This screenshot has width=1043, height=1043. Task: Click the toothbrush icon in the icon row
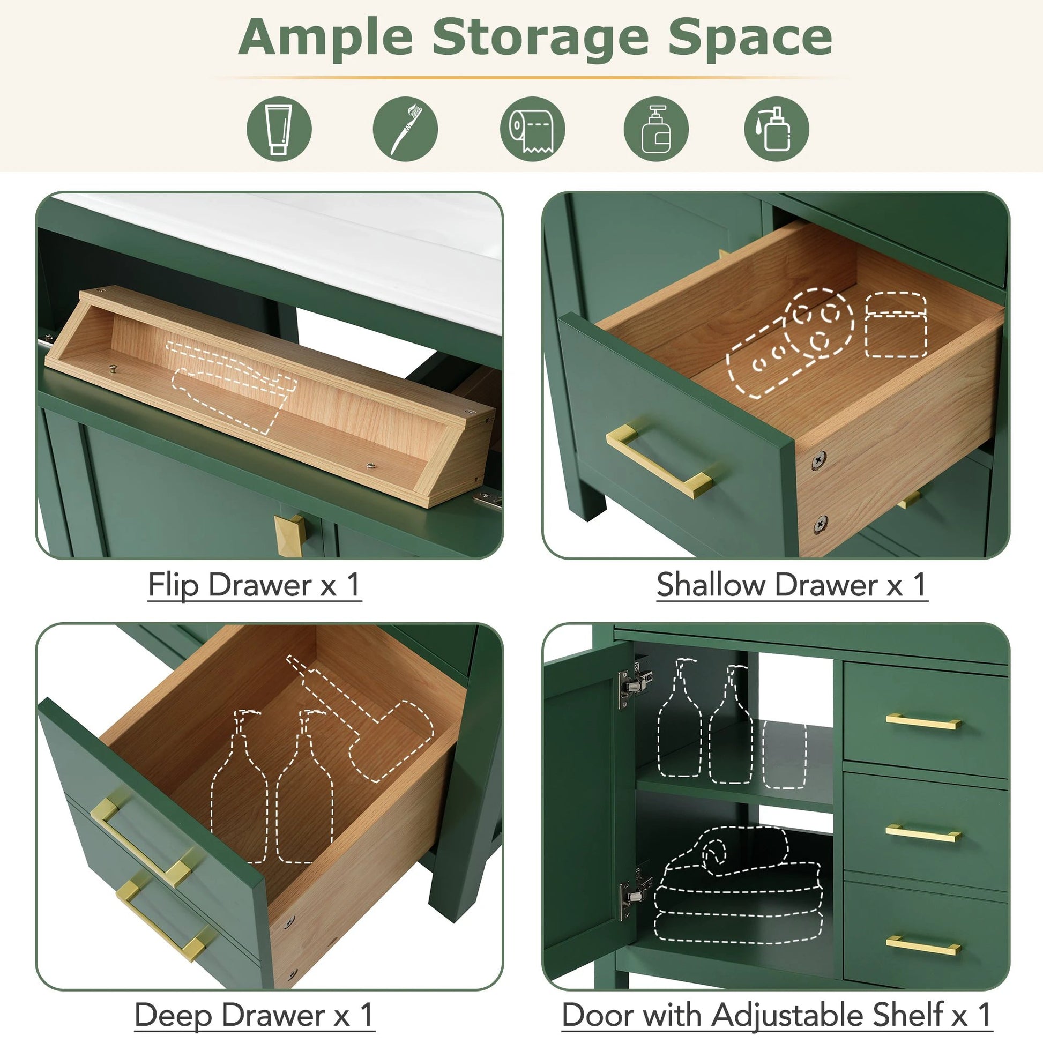click(x=405, y=129)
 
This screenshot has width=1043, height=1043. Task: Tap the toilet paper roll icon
click(x=532, y=129)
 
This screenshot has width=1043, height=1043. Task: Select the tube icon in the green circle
click(x=279, y=129)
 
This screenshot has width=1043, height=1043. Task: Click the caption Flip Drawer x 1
click(x=254, y=585)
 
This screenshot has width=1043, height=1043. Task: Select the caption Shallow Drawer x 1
click(x=792, y=585)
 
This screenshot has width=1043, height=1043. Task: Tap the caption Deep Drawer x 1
click(x=254, y=1016)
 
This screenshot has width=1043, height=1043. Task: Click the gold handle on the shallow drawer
click(x=659, y=460)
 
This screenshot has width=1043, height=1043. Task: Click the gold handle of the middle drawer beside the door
click(x=923, y=834)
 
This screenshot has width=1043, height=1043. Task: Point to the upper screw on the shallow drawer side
click(x=818, y=460)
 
